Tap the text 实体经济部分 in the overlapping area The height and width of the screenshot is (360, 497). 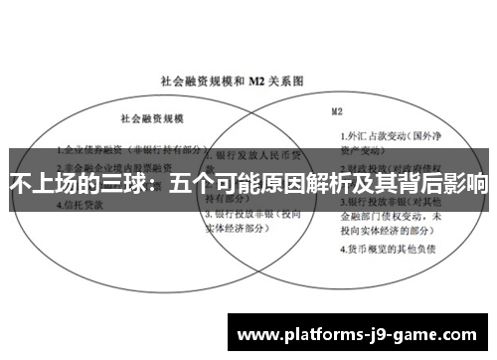239,227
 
